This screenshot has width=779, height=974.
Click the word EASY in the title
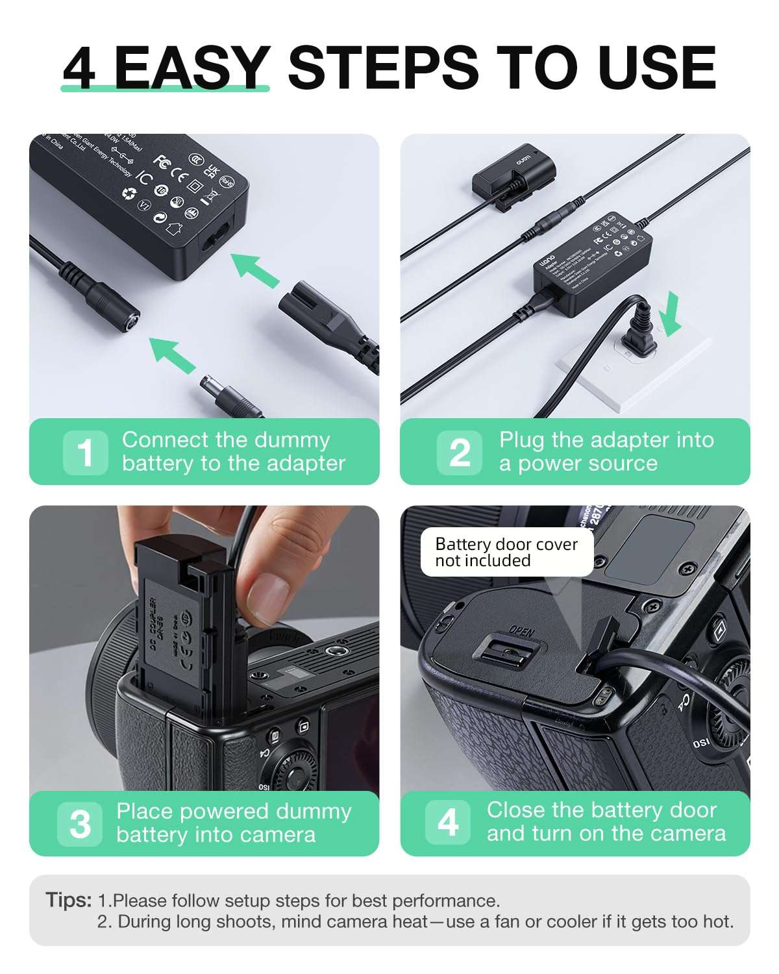point(192,68)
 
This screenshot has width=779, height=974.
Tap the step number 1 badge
point(85,453)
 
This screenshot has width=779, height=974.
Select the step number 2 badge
point(460,453)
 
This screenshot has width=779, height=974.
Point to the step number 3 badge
point(80,824)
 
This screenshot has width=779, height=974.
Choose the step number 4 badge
point(448,822)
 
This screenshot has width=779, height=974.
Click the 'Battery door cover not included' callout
point(506,552)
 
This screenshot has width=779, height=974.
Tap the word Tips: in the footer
point(69,901)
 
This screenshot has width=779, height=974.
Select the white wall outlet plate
point(633,370)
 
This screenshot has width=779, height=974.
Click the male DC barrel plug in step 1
point(230,395)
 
